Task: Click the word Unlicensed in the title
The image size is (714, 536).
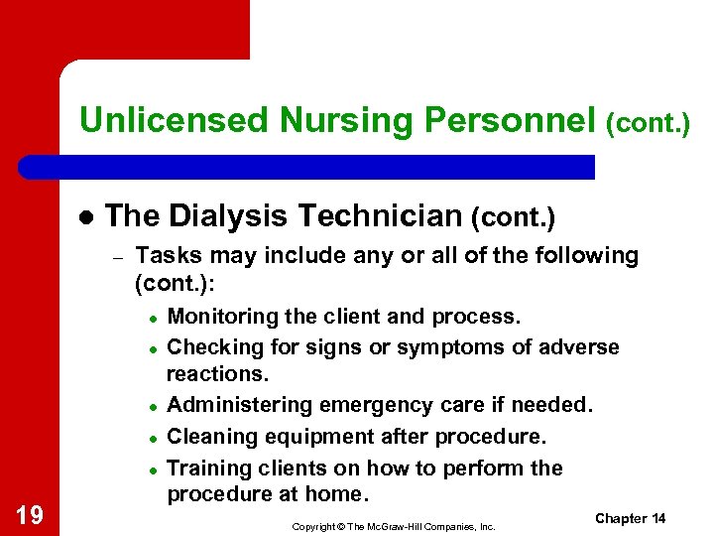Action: pyautogui.click(x=175, y=120)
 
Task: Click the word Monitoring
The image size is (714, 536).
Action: pyautogui.click(x=220, y=317)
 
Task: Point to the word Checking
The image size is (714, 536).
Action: pyautogui.click(x=209, y=347)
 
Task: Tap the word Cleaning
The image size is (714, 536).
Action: pyautogui.click(x=208, y=437)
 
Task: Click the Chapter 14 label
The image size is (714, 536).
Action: pyautogui.click(x=630, y=519)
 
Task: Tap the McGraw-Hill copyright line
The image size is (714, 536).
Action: pyautogui.click(x=394, y=525)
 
